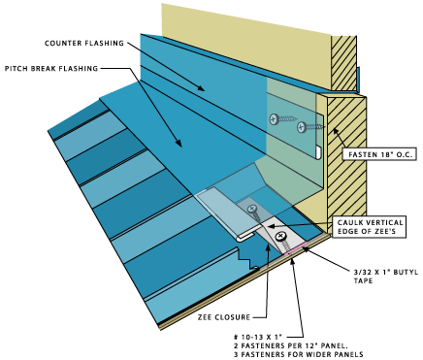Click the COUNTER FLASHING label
click(x=84, y=43)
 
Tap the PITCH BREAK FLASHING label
click(x=51, y=69)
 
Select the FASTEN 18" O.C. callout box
click(x=379, y=154)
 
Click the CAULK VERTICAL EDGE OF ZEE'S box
click(x=370, y=227)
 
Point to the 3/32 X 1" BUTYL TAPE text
click(x=386, y=276)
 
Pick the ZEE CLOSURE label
click(x=224, y=317)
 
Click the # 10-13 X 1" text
click(x=258, y=337)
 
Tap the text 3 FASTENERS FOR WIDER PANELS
click(x=299, y=354)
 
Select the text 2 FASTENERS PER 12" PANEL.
click(x=291, y=345)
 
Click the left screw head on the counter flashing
click(x=275, y=119)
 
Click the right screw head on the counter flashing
click(x=302, y=127)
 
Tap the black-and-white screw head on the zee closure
click(x=280, y=237)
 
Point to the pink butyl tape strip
click(x=295, y=249)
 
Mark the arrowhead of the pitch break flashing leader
click(x=179, y=143)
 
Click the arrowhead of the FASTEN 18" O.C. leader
click(x=335, y=131)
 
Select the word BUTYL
click(x=406, y=272)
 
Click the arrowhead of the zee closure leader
click(x=268, y=246)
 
